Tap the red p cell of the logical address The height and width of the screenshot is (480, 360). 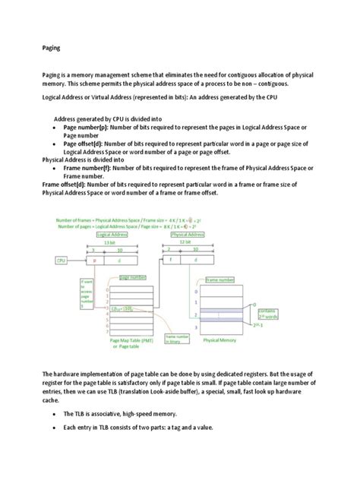pyautogui.click(x=94, y=260)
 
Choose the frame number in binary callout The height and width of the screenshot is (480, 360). pyautogui.click(x=180, y=337)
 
